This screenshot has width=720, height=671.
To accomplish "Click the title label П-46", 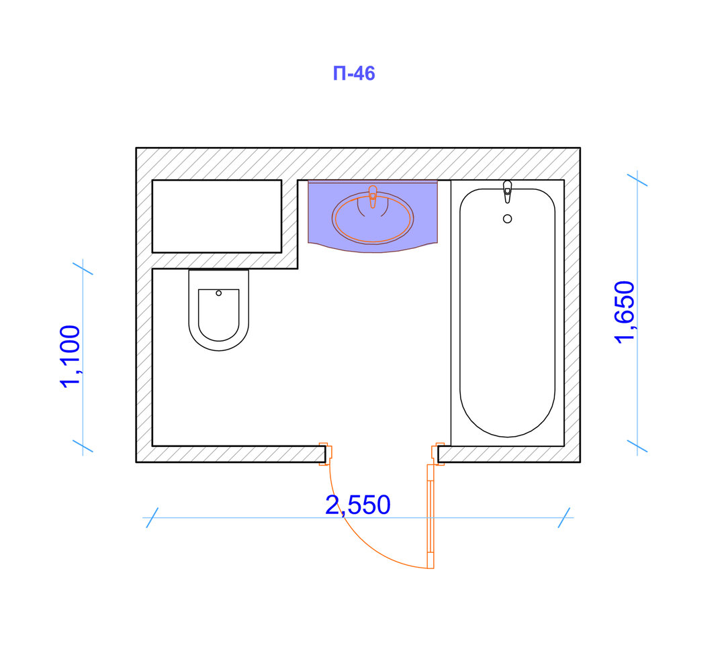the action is click(353, 73).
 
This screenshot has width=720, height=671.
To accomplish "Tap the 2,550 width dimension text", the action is click(358, 505).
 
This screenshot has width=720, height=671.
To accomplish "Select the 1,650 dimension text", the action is click(625, 312).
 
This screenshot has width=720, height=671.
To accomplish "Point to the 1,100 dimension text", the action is click(71, 356).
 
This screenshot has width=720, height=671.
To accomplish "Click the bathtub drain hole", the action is click(507, 219).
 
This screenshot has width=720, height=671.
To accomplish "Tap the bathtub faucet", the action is click(507, 191).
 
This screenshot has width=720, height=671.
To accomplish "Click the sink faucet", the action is click(373, 197).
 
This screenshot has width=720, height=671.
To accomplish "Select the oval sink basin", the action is click(373, 217).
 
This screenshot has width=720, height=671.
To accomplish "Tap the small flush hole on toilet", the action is click(218, 293).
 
